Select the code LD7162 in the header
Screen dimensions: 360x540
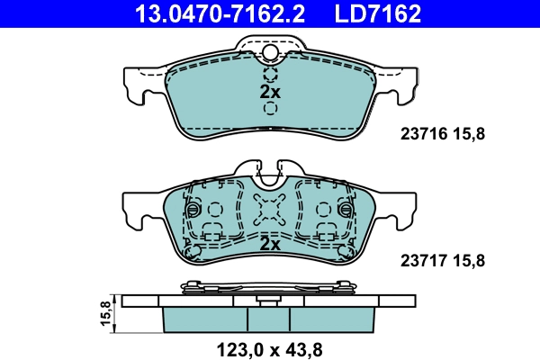(378, 13)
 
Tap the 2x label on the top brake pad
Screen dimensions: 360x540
(270, 93)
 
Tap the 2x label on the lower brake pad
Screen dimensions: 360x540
(270, 244)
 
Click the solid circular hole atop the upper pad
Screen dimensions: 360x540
(270, 53)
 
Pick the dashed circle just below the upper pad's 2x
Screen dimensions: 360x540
(270, 110)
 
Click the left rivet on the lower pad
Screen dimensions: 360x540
(192, 211)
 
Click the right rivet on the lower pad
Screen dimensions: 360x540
(348, 211)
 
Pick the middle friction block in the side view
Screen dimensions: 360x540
(270, 318)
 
